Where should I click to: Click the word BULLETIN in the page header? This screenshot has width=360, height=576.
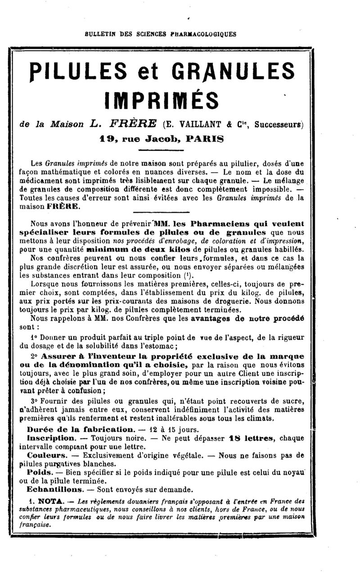click(100, 34)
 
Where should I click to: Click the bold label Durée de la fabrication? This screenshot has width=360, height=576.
click(80, 429)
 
